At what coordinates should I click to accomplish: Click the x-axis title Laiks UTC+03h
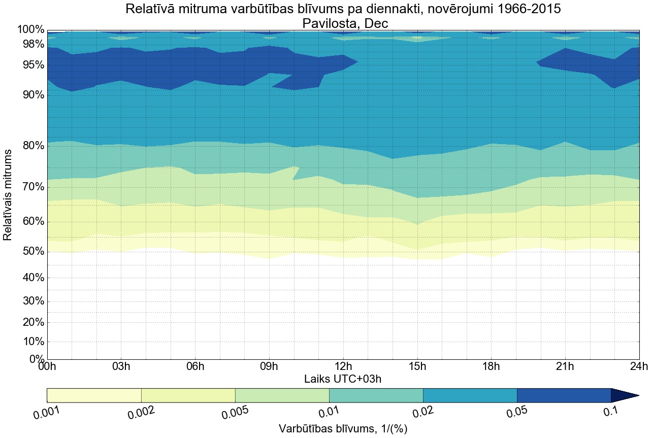point(343,379)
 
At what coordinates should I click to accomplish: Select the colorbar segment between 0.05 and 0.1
point(564,395)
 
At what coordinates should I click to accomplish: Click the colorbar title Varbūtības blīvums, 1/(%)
point(343,429)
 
